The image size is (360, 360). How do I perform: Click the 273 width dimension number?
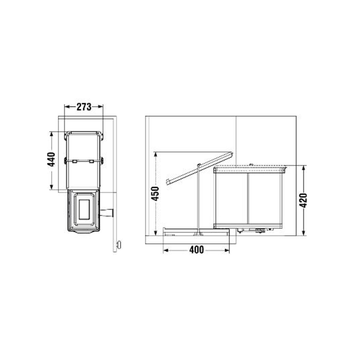pyautogui.click(x=84, y=107)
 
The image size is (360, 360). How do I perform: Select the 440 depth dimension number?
pyautogui.click(x=51, y=160)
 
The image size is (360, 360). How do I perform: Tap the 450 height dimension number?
pyautogui.click(x=155, y=193)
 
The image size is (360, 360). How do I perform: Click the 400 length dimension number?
pyautogui.click(x=196, y=250)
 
